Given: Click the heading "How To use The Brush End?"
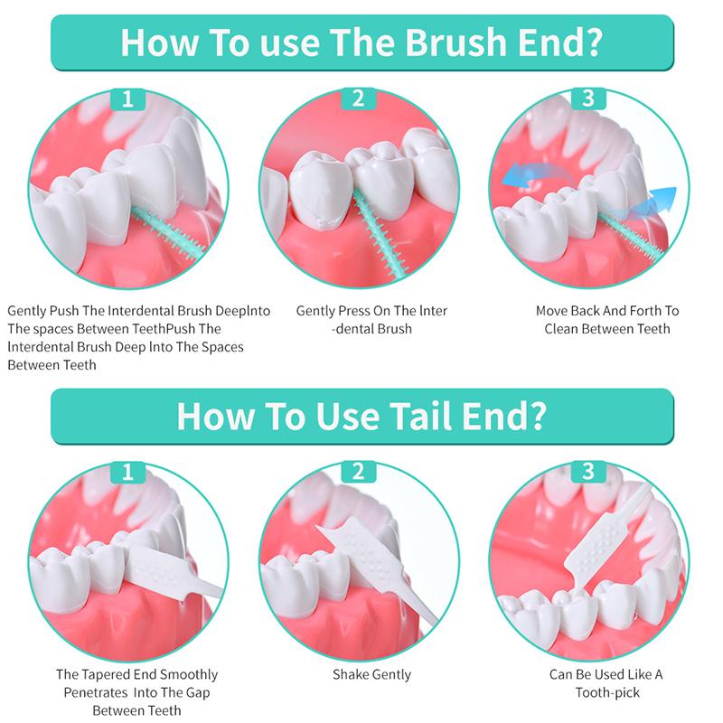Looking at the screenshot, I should click(361, 42).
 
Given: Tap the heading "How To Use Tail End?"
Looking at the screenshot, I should click(361, 416).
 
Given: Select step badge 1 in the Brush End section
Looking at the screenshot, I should click(127, 99).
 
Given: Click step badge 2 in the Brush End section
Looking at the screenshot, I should click(359, 99).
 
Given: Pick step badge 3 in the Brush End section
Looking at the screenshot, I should click(588, 99).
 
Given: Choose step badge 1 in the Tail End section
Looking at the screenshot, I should click(127, 471).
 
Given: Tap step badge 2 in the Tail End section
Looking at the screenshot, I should click(359, 471).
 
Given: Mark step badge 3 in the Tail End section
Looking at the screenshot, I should click(588, 471).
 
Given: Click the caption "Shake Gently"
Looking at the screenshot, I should click(371, 674).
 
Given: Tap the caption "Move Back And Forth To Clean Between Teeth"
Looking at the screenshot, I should click(607, 320).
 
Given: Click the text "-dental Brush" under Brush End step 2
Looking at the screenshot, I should click(371, 329).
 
